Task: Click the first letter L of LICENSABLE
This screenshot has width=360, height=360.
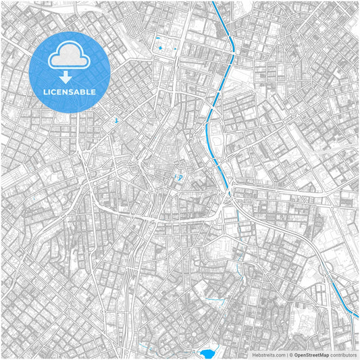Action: pyautogui.click(x=43, y=92)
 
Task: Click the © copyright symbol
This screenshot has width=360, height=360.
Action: pyautogui.click(x=291, y=354)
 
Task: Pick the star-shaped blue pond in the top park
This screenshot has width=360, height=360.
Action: pyautogui.click(x=160, y=48)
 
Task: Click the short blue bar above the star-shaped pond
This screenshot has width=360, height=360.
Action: pyautogui.click(x=159, y=38)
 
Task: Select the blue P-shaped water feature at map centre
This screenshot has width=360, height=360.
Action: pyautogui.click(x=180, y=177)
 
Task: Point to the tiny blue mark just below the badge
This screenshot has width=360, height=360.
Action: pyautogui.click(x=116, y=121)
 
